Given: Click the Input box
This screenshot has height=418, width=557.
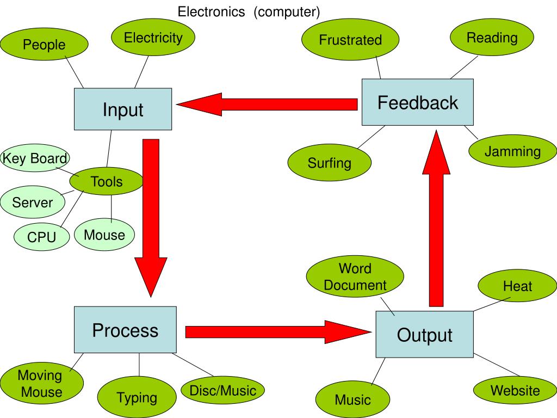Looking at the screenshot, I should (x=123, y=109).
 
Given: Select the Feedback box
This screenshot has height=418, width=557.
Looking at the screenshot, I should (x=418, y=102).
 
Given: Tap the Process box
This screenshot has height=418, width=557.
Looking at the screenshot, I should (x=125, y=330).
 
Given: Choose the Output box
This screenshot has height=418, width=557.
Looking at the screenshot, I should (x=424, y=335).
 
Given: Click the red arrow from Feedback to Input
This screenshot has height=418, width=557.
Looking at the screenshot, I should (x=267, y=104).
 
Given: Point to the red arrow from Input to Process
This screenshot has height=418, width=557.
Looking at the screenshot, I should (x=151, y=218).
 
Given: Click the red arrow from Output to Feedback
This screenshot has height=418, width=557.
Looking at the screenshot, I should (x=436, y=218).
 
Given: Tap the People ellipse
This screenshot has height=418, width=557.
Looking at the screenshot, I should (x=44, y=45).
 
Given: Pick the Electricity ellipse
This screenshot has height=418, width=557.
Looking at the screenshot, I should (x=153, y=38).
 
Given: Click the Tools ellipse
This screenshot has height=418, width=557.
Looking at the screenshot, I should (x=107, y=181).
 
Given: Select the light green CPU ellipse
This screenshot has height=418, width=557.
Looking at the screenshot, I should (x=42, y=237).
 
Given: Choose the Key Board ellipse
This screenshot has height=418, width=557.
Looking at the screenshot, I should (x=35, y=158).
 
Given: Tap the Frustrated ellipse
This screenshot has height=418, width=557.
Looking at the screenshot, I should (x=350, y=40).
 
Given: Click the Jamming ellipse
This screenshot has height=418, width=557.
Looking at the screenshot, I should (x=512, y=151).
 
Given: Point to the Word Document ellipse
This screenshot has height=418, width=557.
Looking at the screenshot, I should (x=355, y=277).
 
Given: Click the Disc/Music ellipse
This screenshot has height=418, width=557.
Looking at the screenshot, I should (x=222, y=390).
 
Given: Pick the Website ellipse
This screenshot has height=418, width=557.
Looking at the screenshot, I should (x=515, y=390).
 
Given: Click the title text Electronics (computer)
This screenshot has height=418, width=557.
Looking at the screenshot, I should (x=249, y=11).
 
